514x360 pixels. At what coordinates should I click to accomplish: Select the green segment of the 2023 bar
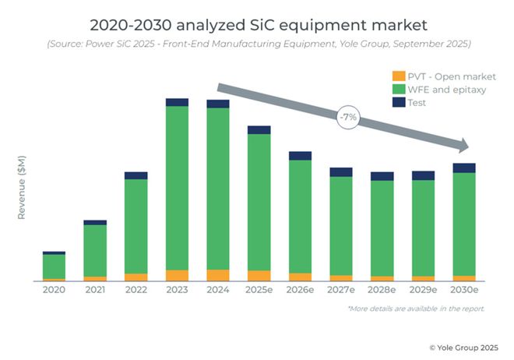pyautogui.click(x=177, y=187)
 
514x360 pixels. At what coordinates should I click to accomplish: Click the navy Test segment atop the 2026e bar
pyautogui.click(x=300, y=156)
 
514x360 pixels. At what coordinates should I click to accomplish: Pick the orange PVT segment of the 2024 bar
pyautogui.click(x=218, y=275)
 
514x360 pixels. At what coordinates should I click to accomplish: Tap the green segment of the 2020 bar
pyautogui.click(x=54, y=266)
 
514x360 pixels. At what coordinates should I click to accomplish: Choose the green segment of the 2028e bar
pyautogui.click(x=382, y=228)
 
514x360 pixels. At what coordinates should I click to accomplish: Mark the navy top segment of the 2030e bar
pyautogui.click(x=464, y=168)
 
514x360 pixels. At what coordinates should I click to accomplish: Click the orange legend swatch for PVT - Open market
pyautogui.click(x=398, y=76)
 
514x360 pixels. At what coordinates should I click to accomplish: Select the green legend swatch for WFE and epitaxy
pyautogui.click(x=398, y=89)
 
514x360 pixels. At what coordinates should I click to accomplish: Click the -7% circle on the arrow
pyautogui.click(x=347, y=118)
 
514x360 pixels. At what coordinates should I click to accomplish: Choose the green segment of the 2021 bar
pyautogui.click(x=95, y=250)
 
